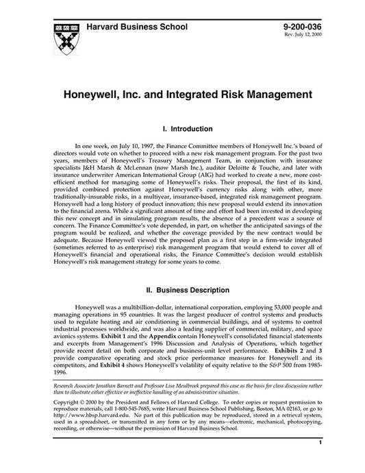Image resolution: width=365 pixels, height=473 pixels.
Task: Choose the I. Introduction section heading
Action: click(182, 128)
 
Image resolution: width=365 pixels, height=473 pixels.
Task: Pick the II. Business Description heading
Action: click(182, 290)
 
